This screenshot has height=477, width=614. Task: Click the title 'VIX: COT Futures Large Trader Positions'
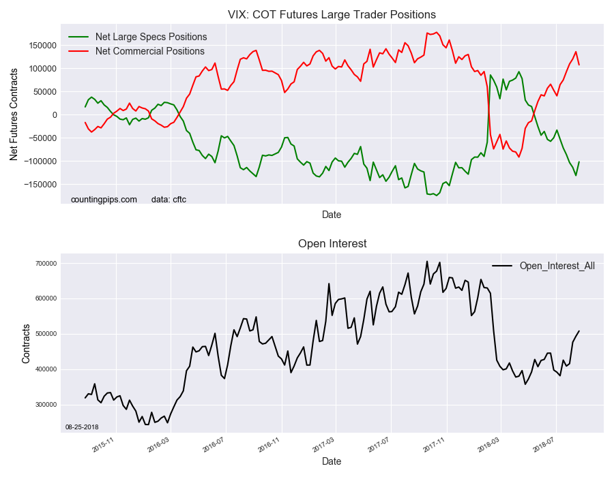tap(332, 14)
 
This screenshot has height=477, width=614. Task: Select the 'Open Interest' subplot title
tap(332, 243)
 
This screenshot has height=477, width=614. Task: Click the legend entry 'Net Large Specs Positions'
tap(151, 37)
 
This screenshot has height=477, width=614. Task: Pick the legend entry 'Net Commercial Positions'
tap(149, 51)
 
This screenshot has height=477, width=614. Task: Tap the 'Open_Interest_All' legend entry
tap(557, 266)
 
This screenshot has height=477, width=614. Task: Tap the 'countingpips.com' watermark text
tap(104, 200)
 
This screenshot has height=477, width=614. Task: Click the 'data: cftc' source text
tap(169, 200)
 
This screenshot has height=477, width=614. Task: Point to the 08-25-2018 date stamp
tap(81, 427)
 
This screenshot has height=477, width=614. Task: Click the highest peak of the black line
tap(427, 261)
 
